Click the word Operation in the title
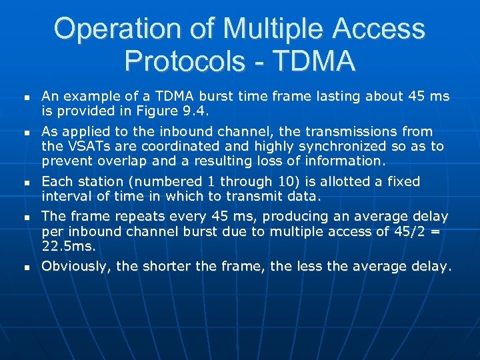coord(107,29)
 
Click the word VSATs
coord(86,147)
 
